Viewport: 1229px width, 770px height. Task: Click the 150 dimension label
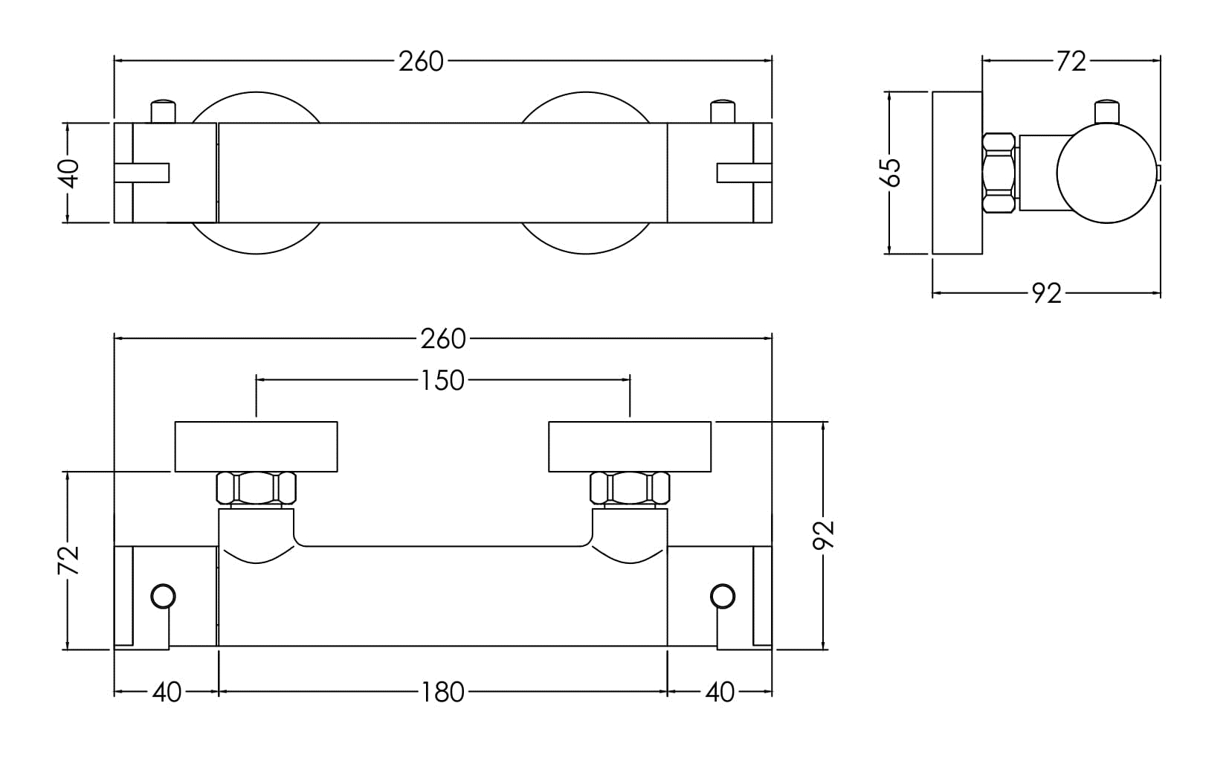coord(442,381)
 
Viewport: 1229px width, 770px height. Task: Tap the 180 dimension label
coord(442,693)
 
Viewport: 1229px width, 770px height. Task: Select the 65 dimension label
coord(891,173)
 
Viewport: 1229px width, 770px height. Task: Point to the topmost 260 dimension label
coord(421,61)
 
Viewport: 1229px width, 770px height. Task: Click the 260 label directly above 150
coord(442,339)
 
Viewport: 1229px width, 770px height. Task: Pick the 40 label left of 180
coord(167,693)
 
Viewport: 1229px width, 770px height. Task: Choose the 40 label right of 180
coord(720,693)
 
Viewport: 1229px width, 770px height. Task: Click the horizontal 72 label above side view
coord(1071,61)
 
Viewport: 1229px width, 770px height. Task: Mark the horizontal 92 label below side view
coord(1047,294)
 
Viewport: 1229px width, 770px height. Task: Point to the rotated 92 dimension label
coord(824,535)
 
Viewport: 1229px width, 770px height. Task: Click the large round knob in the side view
coord(1107,173)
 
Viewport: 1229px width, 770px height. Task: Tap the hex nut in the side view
coord(999,173)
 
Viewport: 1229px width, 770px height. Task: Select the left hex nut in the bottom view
coord(256,488)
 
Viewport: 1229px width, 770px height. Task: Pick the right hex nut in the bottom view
coord(630,488)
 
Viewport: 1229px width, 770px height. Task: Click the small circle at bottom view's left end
coord(164,596)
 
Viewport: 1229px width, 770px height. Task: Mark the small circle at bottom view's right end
coord(723,596)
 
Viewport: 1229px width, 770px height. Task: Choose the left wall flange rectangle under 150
coord(256,446)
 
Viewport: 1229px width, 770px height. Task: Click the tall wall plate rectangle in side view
coord(957,173)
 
